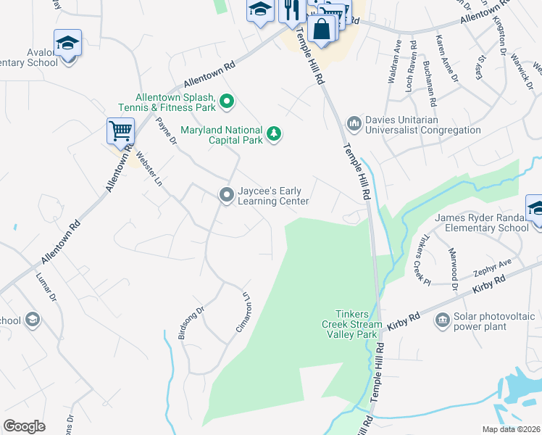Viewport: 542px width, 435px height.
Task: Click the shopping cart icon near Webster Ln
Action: tap(120, 131)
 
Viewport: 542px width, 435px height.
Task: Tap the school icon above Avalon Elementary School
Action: tap(67, 43)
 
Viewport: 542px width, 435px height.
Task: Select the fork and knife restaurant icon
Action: tap(291, 10)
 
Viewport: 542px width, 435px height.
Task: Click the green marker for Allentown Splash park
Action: tap(226, 101)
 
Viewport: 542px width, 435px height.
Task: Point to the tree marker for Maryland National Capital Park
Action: tap(274, 133)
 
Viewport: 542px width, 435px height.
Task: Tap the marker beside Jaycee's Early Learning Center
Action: tap(226, 194)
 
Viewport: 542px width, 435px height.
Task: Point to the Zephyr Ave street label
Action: tap(493, 265)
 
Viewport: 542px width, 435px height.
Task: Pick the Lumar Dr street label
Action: tap(43, 287)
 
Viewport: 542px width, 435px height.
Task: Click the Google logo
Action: tap(25, 426)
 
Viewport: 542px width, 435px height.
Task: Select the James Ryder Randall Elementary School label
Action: tap(481, 223)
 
